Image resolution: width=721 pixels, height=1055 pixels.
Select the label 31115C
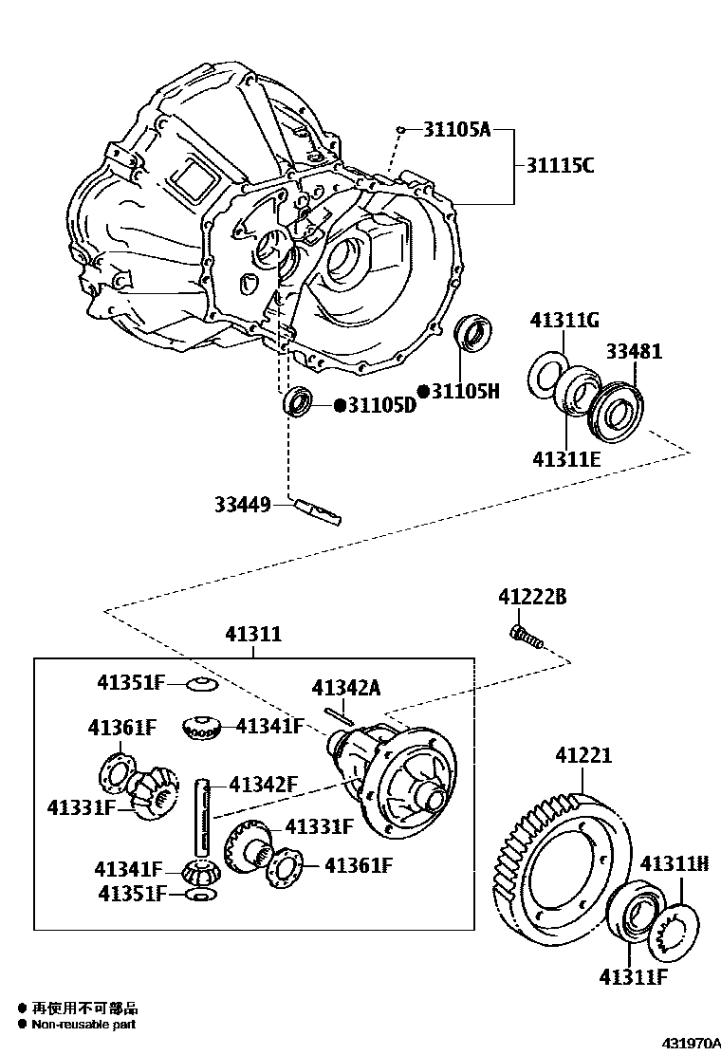click(x=560, y=166)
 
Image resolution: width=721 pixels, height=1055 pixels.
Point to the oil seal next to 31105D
click(x=299, y=401)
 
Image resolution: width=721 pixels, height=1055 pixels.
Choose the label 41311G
click(x=564, y=320)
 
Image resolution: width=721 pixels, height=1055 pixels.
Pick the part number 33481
click(x=635, y=351)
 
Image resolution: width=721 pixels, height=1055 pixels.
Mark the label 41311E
click(x=566, y=459)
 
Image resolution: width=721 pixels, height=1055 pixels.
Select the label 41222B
click(x=532, y=597)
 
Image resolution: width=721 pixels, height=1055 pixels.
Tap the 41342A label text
click(x=345, y=689)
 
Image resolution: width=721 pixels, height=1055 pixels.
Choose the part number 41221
click(x=583, y=755)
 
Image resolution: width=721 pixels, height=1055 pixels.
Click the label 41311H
click(x=675, y=863)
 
